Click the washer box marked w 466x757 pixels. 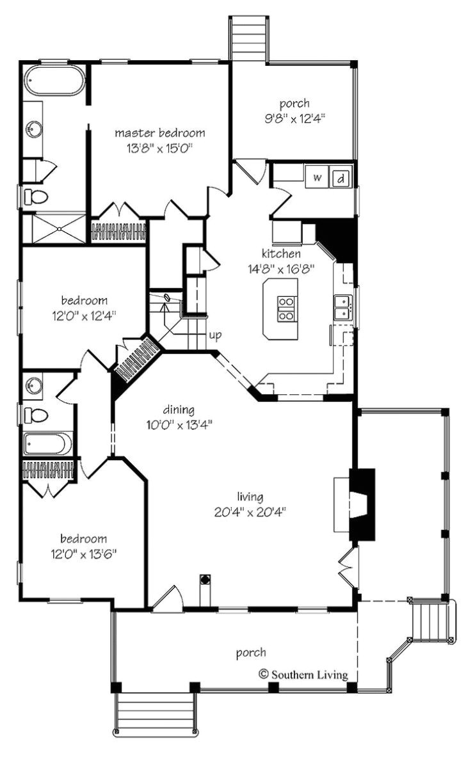tap(317, 177)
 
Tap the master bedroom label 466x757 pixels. tap(160, 133)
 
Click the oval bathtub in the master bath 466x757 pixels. tap(54, 82)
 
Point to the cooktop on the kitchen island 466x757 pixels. tap(287, 308)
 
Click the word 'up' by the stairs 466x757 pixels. tap(215, 335)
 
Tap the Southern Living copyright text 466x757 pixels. tap(303, 674)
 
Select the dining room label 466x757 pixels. tap(179, 410)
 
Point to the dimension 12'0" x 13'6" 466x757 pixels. tap(84, 554)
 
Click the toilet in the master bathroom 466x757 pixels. tap(36, 196)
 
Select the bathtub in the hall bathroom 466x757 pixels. tap(48, 444)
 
